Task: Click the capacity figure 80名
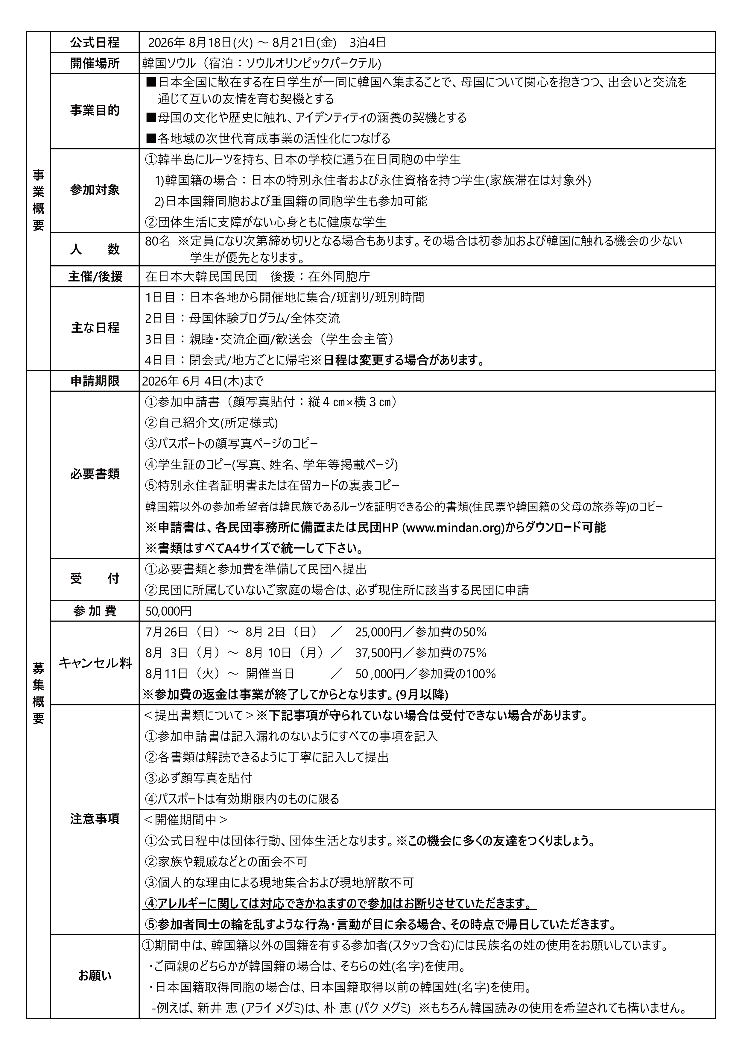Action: coord(158,241)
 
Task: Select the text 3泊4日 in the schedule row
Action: coord(368,43)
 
